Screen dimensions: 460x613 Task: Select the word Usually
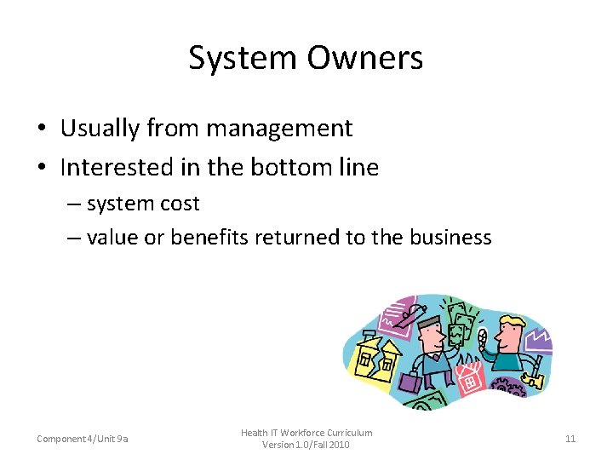[x=100, y=129]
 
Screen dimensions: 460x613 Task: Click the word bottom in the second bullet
[x=288, y=167]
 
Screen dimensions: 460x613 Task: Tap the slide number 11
[x=570, y=439]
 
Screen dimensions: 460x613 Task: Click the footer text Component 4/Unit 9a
[x=83, y=439]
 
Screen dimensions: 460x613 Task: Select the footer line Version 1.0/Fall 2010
[x=306, y=445]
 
